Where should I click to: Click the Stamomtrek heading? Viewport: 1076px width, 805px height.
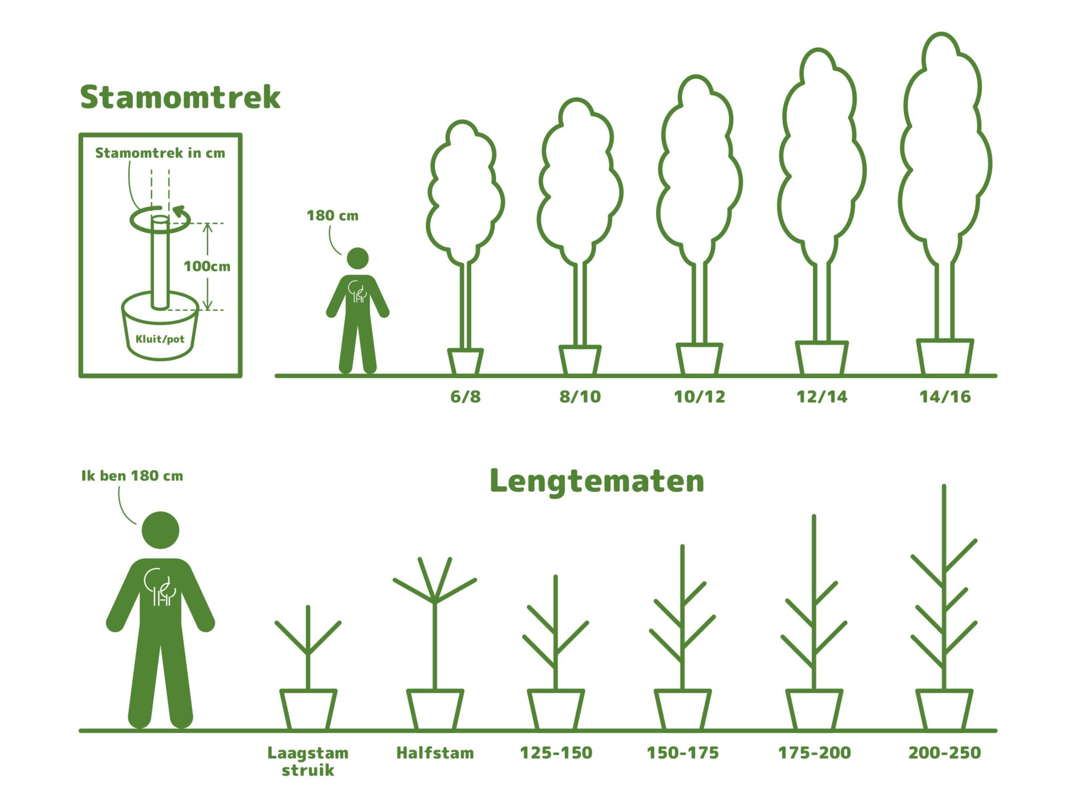point(180,98)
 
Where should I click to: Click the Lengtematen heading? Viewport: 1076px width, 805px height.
point(596,481)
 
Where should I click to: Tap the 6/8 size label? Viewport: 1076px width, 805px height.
point(465,396)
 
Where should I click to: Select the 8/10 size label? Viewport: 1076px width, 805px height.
point(580,396)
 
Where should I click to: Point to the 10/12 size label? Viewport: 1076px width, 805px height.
point(699,396)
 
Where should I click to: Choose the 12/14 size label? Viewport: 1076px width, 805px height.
point(822,396)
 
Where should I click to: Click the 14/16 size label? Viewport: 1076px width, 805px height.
point(945,396)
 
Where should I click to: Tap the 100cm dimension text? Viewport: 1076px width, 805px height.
point(206,266)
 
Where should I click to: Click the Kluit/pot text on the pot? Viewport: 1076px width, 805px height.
point(160,339)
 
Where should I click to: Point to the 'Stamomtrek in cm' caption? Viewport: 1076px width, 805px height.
point(160,153)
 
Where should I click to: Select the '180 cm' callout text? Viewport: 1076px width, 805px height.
point(332,216)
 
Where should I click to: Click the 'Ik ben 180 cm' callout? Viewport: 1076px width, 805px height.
point(132,476)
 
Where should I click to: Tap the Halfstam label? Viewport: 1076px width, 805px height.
point(434,753)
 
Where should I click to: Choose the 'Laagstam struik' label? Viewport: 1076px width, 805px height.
point(308,761)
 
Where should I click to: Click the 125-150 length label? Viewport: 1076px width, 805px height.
point(556,753)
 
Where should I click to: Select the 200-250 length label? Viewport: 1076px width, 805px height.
point(944,753)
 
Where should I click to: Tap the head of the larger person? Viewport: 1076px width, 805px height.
point(160,530)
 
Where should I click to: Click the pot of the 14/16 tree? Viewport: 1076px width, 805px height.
point(945,357)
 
